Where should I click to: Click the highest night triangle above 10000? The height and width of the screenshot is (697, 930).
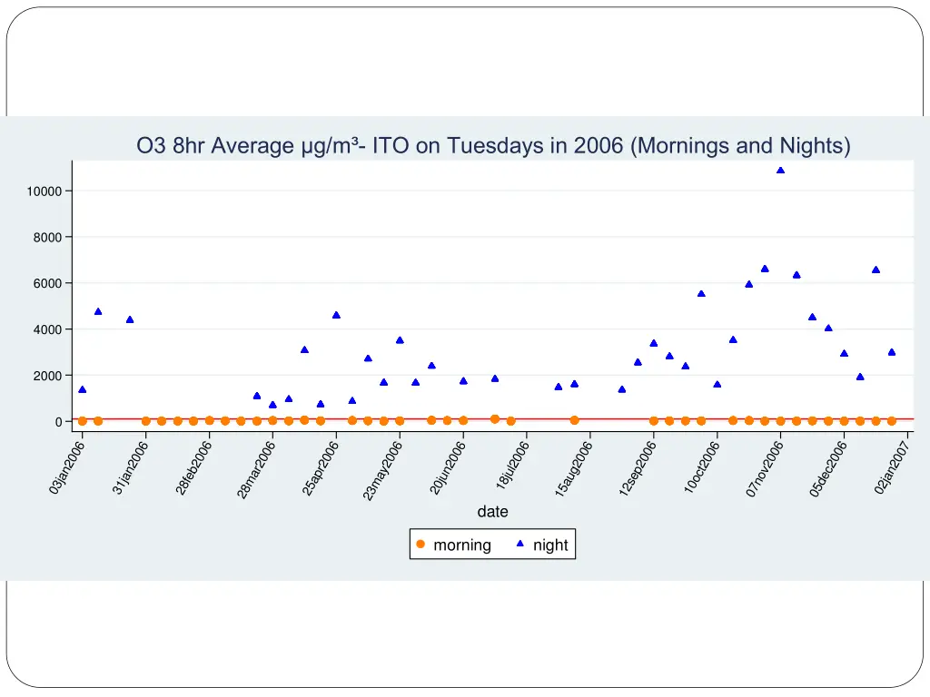tap(780, 170)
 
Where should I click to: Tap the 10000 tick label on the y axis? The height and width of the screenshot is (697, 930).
tap(44, 191)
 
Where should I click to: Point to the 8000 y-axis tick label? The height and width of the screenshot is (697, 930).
tap(47, 238)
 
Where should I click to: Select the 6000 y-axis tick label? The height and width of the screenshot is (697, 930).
tap(47, 284)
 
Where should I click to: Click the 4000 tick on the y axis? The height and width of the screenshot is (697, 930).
tap(47, 330)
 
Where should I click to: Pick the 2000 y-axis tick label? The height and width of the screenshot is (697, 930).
tap(47, 376)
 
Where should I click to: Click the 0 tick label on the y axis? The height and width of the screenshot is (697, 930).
tap(57, 422)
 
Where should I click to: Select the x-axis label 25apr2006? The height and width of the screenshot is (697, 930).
tap(320, 466)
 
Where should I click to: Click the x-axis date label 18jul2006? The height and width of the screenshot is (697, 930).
tap(511, 466)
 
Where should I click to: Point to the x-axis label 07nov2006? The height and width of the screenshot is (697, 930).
tap(764, 466)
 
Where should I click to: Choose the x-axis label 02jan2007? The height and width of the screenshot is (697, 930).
tap(892, 466)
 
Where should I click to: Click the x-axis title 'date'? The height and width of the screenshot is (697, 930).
tap(493, 512)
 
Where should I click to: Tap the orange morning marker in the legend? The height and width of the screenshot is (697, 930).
tap(420, 545)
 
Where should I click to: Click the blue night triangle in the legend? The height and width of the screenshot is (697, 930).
tap(520, 545)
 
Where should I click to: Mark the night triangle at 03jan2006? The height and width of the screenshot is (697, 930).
tap(82, 389)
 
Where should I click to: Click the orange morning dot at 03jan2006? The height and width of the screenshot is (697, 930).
tap(82, 421)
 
